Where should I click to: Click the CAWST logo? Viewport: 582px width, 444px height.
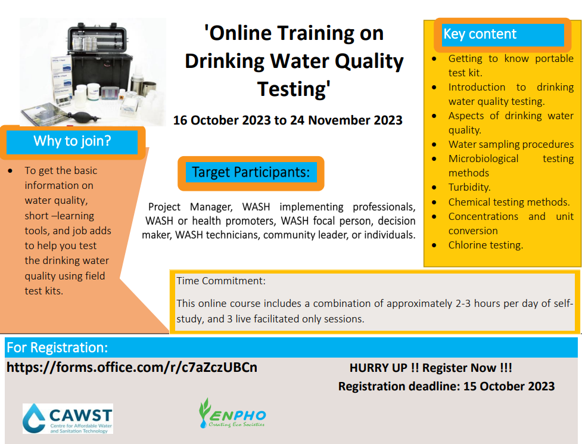(x=68, y=418)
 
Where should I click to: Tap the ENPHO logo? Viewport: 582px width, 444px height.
(x=233, y=413)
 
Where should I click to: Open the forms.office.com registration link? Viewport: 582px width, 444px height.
(x=132, y=367)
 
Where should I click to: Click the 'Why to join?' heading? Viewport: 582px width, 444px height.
(x=72, y=141)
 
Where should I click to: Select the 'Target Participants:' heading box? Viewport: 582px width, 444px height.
(x=251, y=173)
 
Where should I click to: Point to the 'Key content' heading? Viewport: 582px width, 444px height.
(x=480, y=34)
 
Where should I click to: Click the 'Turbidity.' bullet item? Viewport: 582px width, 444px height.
(x=469, y=187)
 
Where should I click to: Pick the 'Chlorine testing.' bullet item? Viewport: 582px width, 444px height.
(x=485, y=245)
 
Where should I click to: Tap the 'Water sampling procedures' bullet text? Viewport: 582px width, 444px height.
(x=511, y=144)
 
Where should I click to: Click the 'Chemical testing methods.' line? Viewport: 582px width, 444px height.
(x=509, y=202)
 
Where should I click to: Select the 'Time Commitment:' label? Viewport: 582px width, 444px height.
(x=221, y=281)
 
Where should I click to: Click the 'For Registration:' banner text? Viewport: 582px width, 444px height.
(x=57, y=347)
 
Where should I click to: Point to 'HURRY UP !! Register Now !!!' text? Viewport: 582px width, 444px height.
(x=431, y=368)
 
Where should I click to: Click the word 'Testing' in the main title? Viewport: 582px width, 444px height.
(x=294, y=89)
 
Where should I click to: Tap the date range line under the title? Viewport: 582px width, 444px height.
(x=288, y=120)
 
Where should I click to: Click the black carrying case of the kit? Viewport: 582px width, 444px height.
(x=99, y=60)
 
